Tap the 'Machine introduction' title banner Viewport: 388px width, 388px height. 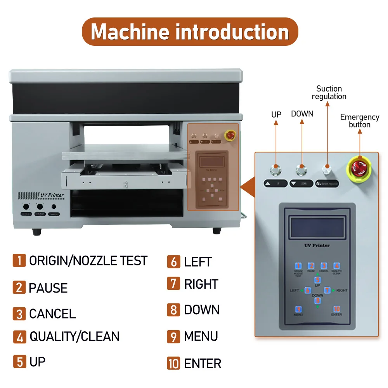[x=190, y=32]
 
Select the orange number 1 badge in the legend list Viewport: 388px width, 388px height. [x=19, y=260]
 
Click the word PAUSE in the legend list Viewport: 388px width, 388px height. [x=48, y=288]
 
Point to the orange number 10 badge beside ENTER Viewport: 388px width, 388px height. [x=174, y=363]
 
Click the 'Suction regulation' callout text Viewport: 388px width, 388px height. [x=329, y=93]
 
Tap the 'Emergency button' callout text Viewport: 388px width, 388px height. [x=360, y=121]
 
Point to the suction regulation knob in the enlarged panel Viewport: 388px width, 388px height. [x=327, y=169]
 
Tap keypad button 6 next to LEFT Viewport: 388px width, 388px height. [x=308, y=290]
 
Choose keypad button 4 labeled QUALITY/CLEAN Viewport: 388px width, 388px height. [x=337, y=266]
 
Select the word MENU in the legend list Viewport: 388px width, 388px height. [x=201, y=336]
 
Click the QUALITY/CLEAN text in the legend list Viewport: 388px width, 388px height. [x=74, y=336]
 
